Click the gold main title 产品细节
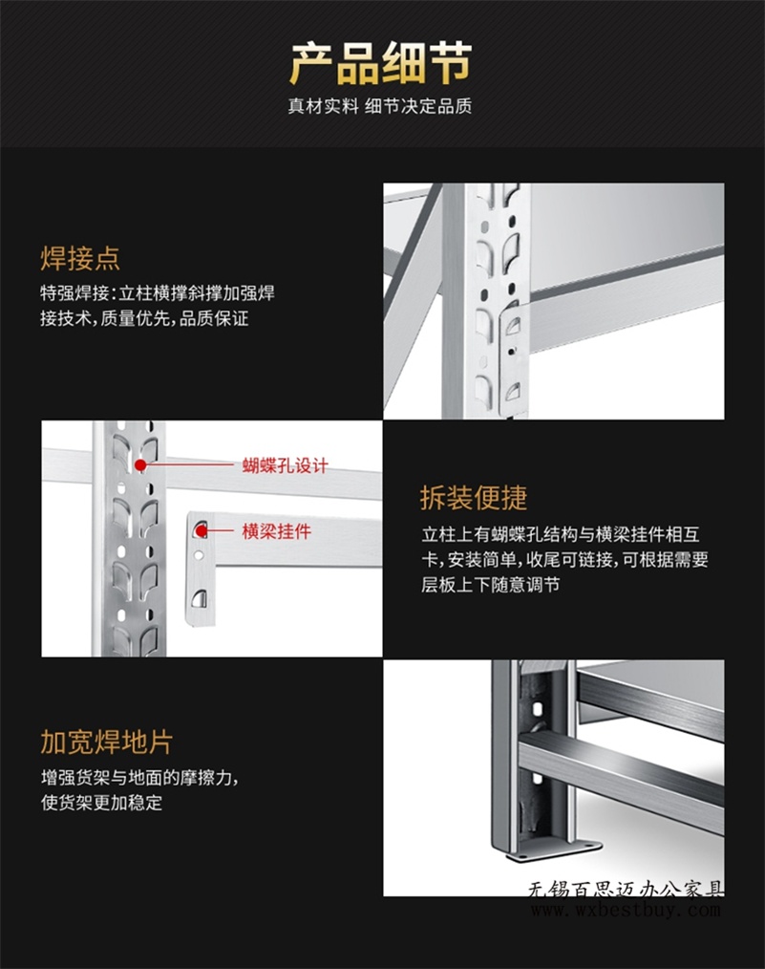tap(381, 63)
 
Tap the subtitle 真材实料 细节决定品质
tap(380, 106)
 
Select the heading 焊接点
tap(80, 258)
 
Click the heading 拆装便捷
tap(474, 498)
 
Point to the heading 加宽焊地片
tap(107, 743)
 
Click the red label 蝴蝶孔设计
tap(286, 465)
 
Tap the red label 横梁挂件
tap(277, 531)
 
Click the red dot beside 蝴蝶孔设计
tap(140, 464)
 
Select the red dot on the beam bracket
tap(202, 530)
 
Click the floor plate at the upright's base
tap(554, 851)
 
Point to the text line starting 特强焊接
tap(158, 293)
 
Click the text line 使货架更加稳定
tap(102, 802)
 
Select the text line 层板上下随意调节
tap(491, 585)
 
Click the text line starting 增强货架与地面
tap(140, 778)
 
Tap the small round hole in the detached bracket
tap(199, 555)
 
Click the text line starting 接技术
tap(144, 319)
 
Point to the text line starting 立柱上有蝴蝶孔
tap(561, 534)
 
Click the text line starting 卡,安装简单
tap(565, 560)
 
